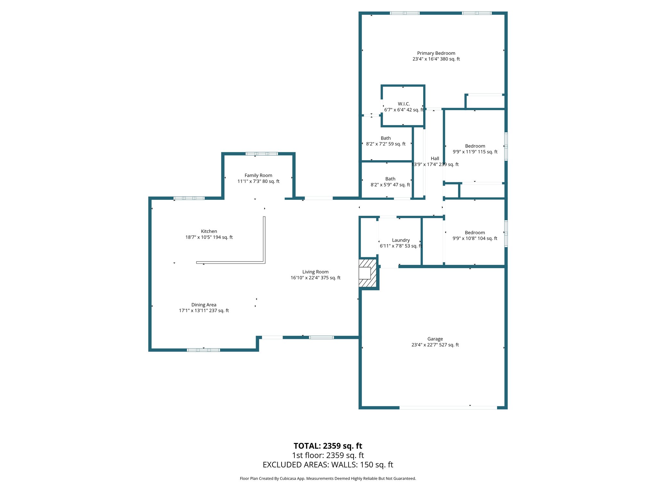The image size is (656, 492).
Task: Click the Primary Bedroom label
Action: [436, 53]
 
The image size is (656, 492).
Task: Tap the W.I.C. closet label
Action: [404, 104]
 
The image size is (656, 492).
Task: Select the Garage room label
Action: [435, 339]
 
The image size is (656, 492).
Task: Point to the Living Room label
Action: [315, 272]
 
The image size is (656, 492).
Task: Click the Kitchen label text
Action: [209, 231]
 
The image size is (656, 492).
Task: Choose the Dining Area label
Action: [204, 305]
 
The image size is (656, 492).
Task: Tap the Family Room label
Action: [258, 176]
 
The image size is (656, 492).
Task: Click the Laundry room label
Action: [401, 240]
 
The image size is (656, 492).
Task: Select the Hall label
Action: [435, 159]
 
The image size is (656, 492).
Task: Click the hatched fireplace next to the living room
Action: [367, 273]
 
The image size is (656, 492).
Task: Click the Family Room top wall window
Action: [261, 154]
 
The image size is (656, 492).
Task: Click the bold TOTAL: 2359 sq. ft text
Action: [328, 446]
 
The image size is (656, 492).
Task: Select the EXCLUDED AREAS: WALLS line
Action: [328, 465]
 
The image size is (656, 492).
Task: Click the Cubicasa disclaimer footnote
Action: [328, 479]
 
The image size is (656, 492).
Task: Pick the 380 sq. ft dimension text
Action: [450, 59]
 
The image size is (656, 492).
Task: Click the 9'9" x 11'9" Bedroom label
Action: [475, 149]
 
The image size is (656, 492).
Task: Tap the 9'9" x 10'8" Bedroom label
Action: [475, 235]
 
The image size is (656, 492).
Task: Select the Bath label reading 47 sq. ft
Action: [390, 182]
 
